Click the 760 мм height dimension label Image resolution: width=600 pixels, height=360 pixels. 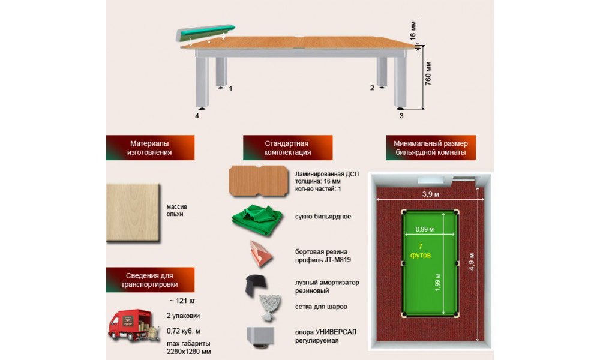click(x=428, y=73)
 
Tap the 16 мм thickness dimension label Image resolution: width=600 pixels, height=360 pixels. click(x=413, y=31)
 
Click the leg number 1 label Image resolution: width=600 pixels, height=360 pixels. click(x=231, y=89)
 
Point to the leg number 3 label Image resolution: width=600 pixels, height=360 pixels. click(x=401, y=116)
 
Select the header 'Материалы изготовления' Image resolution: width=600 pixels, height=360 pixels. click(x=150, y=148)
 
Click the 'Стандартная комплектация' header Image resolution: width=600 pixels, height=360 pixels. click(x=288, y=148)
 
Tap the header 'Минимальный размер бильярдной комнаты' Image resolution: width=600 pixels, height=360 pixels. click(x=431, y=148)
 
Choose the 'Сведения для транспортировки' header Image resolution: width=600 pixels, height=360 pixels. click(x=150, y=280)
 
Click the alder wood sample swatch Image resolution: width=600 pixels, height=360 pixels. click(x=133, y=213)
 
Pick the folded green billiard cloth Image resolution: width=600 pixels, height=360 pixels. click(x=257, y=220)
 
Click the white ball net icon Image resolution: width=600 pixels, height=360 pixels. click(x=270, y=308)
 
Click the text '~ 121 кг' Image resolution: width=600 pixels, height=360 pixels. click(x=182, y=301)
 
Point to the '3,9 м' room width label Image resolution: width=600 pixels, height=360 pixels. click(x=430, y=194)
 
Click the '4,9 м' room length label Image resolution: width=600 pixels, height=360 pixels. click(x=472, y=262)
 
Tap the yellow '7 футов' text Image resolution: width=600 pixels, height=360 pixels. click(x=421, y=251)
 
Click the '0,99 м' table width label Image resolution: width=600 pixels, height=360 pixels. click(x=425, y=229)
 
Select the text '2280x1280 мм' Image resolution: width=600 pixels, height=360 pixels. click(x=188, y=352)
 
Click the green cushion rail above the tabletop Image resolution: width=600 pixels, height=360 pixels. click(x=205, y=33)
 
